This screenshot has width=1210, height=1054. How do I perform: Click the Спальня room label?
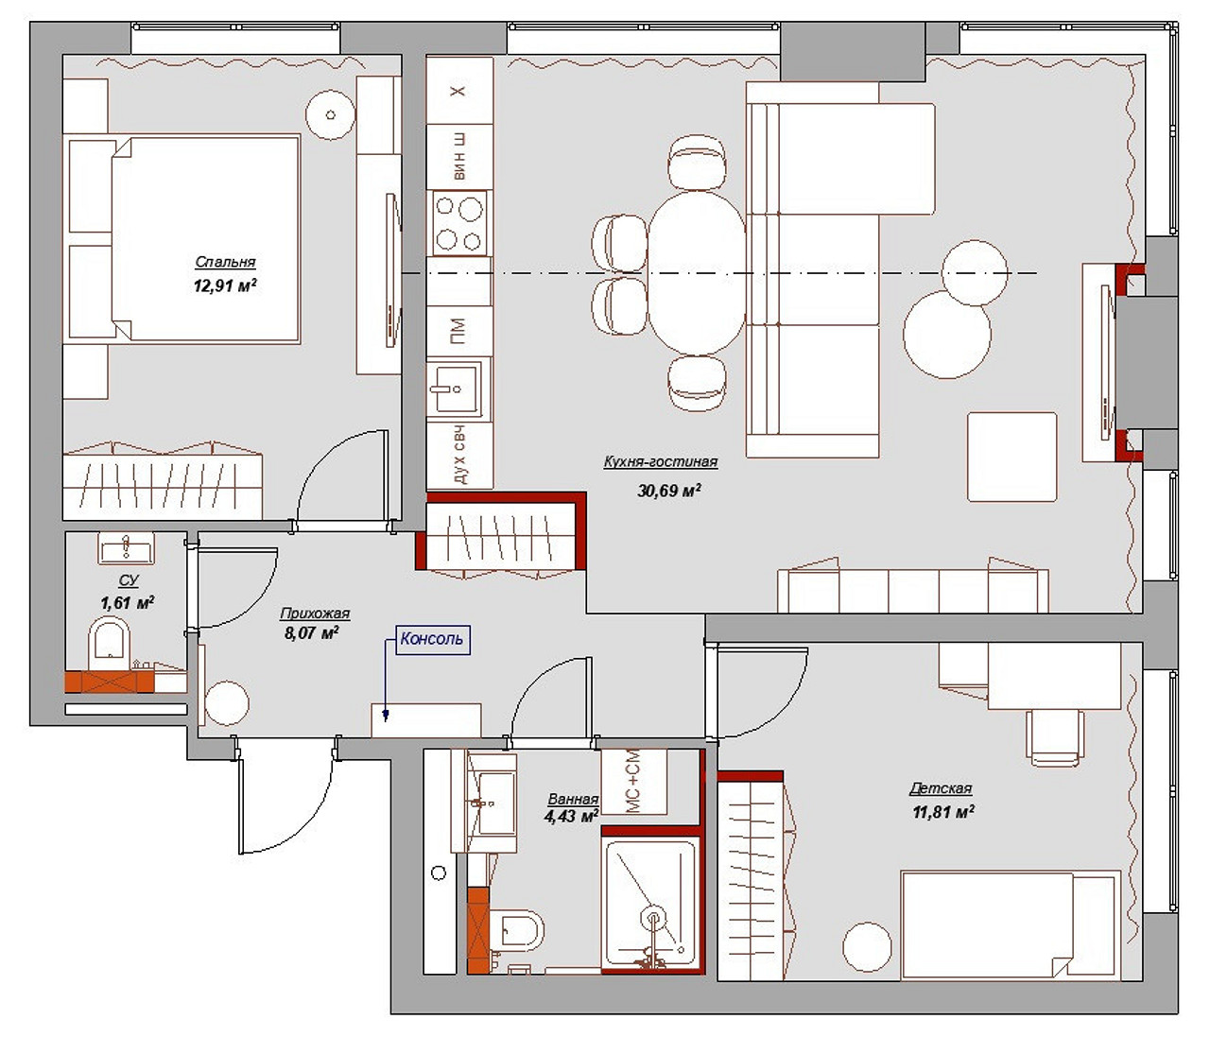pos(225,262)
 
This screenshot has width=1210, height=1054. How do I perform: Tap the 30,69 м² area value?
pos(669,490)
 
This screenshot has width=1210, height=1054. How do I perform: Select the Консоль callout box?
pos(433,640)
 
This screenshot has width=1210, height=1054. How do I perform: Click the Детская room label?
pos(941,788)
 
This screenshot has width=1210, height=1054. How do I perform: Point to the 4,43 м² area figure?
pos(571,817)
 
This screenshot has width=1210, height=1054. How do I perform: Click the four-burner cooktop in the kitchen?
pos(459,223)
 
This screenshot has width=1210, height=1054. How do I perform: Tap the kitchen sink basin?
pos(454,389)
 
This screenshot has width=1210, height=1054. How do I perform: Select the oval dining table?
pos(697,273)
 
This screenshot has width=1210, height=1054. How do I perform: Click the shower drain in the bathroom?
pos(653,918)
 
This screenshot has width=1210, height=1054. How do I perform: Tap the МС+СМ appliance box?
pos(634,782)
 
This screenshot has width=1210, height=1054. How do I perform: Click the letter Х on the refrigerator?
pos(458,91)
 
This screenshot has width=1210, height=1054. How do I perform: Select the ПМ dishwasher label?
pos(458,331)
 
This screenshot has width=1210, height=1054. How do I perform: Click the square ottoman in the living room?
pos(1011,457)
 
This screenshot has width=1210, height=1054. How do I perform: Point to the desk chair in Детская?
pos(1056,736)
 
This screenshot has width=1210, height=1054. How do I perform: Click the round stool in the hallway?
pos(227,703)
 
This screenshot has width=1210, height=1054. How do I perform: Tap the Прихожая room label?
pos(315,613)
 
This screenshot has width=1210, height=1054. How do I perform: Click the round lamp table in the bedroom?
pos(331,114)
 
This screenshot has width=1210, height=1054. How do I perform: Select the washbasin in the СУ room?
pos(127,548)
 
